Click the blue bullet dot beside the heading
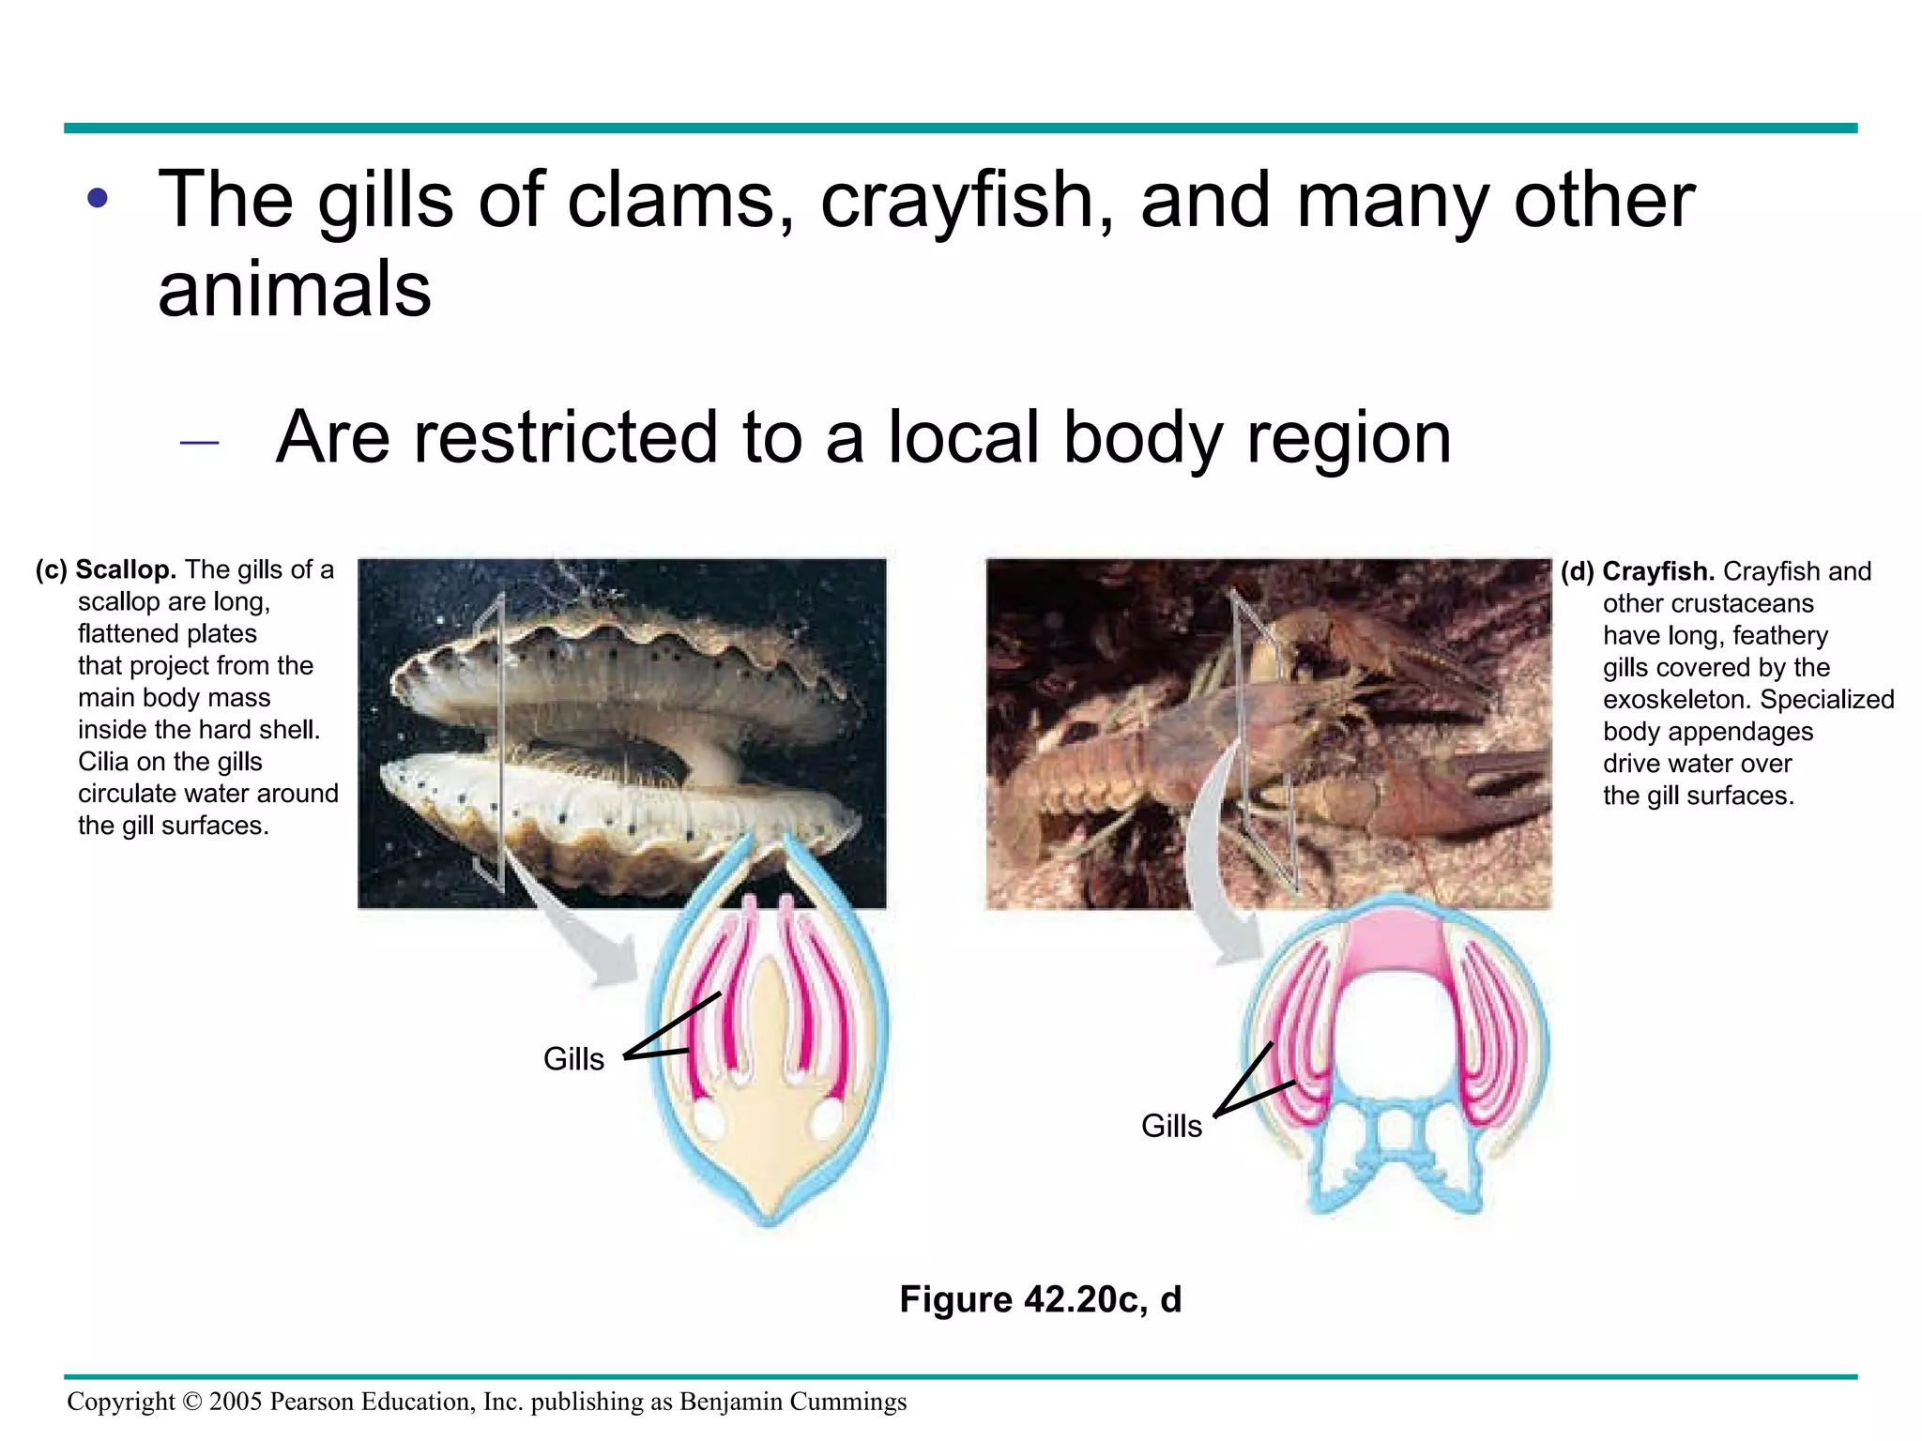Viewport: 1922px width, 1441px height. tap(98, 199)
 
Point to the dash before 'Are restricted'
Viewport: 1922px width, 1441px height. tap(199, 441)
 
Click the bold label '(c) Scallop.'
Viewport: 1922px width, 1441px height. tap(106, 569)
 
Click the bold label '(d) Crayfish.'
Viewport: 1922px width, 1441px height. tap(1638, 571)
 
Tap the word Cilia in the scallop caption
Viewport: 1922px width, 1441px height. tap(104, 761)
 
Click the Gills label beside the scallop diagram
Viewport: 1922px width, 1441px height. tap(573, 1059)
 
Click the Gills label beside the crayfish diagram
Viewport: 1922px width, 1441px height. tap(1171, 1126)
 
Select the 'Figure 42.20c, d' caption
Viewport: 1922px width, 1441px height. tap(1040, 1299)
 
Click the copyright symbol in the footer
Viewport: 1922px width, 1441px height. tap(191, 1402)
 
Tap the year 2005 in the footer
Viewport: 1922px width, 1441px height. tap(236, 1402)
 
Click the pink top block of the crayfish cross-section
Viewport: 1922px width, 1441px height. tap(1396, 948)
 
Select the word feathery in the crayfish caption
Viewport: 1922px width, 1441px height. tap(1780, 635)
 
